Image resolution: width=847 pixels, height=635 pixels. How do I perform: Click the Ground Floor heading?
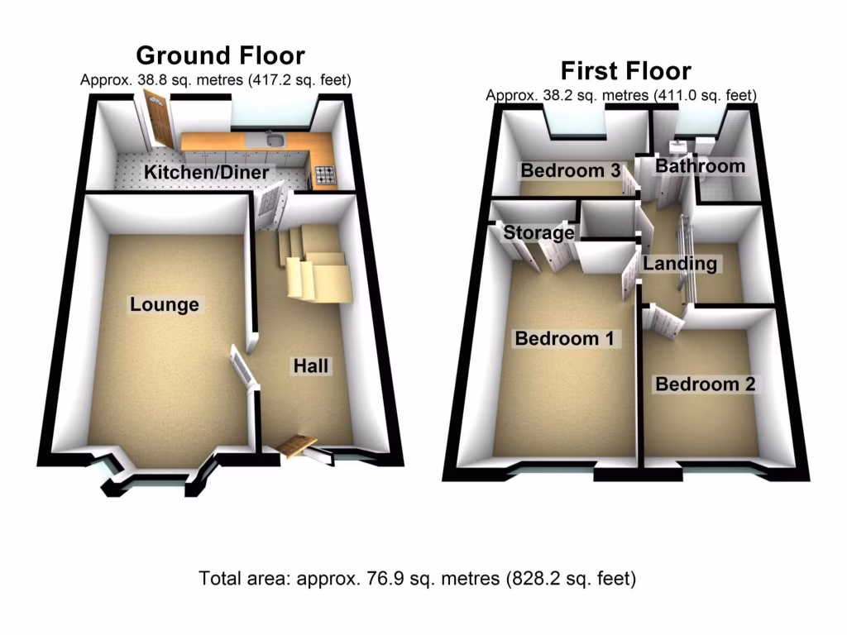pyautogui.click(x=220, y=55)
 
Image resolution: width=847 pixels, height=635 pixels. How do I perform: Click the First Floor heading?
pyautogui.click(x=625, y=70)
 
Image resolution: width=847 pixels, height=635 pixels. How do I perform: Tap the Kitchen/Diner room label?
pyautogui.click(x=207, y=173)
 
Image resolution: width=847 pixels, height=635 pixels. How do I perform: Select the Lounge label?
pyautogui.click(x=165, y=304)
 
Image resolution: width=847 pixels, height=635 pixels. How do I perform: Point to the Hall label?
pyautogui.click(x=311, y=365)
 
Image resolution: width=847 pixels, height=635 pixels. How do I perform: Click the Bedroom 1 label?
pyautogui.click(x=567, y=338)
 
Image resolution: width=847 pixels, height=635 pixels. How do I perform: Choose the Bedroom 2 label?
pyautogui.click(x=706, y=384)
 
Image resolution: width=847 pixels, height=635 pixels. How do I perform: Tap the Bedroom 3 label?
pyautogui.click(x=570, y=171)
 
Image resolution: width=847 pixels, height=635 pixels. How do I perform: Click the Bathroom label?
pyautogui.click(x=700, y=166)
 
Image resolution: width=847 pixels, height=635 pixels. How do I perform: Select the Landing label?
pyautogui.click(x=680, y=264)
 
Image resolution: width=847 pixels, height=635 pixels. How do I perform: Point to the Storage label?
pyautogui.click(x=538, y=232)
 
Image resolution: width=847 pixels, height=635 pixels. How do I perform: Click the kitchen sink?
pyautogui.click(x=274, y=141)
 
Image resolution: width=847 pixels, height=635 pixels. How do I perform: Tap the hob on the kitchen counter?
pyautogui.click(x=323, y=174)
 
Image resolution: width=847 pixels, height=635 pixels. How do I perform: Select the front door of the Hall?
pyautogui.click(x=297, y=446)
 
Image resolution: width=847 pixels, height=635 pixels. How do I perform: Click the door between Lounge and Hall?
pyautogui.click(x=242, y=365)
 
